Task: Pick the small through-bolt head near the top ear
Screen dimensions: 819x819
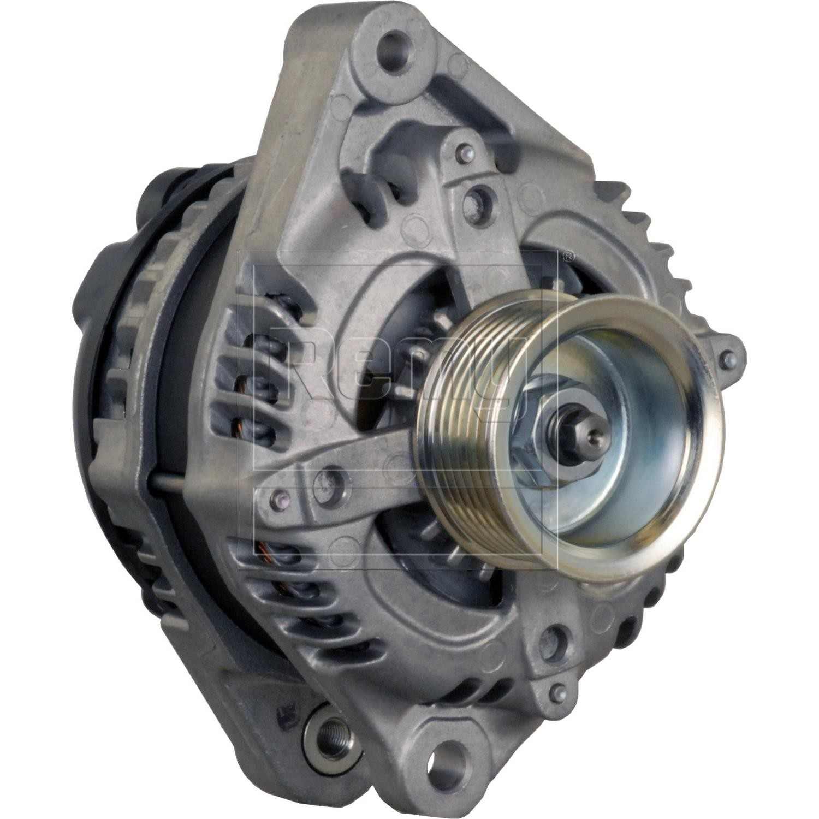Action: click(465, 154)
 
